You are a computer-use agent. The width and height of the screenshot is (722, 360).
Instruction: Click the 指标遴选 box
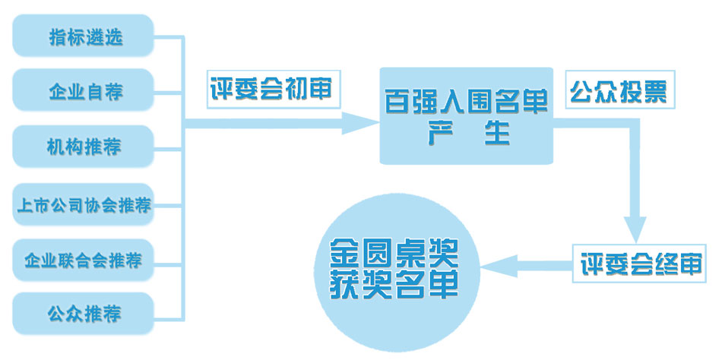pyautogui.click(x=84, y=36)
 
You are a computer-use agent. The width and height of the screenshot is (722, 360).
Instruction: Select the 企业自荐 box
pyautogui.click(x=84, y=92)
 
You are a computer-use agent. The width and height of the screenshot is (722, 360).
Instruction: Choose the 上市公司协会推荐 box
pyautogui.click(x=84, y=204)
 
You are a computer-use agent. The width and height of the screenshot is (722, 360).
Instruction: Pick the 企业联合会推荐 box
pyautogui.click(x=84, y=261)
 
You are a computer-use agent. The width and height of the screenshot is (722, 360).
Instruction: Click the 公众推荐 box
pyautogui.click(x=84, y=313)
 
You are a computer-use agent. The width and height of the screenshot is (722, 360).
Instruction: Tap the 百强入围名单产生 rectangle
pyautogui.click(x=466, y=115)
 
